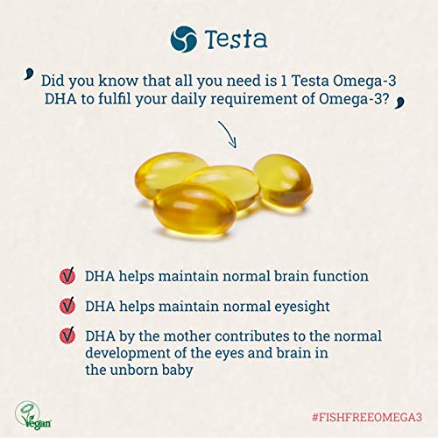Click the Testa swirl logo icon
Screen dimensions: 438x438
183,39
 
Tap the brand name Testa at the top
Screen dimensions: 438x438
236,39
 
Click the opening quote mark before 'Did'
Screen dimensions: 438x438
28,74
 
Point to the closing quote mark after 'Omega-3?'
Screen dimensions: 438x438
399,102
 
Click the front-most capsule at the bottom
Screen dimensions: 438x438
194,208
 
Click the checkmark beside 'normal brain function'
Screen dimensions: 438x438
67,275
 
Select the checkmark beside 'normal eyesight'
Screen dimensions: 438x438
67,306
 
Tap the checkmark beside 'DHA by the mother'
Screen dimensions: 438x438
67,336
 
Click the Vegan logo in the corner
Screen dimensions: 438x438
32,415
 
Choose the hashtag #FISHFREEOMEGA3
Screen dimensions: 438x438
367,417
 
